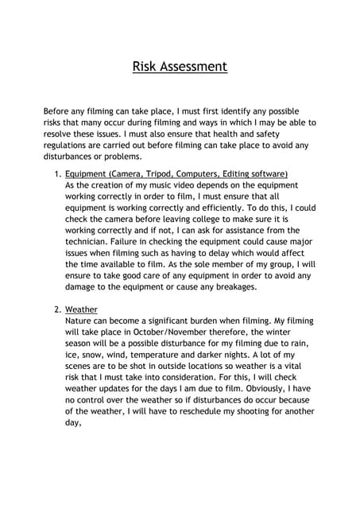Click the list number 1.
(56, 173)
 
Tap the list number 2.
(56, 310)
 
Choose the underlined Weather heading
(82, 310)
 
